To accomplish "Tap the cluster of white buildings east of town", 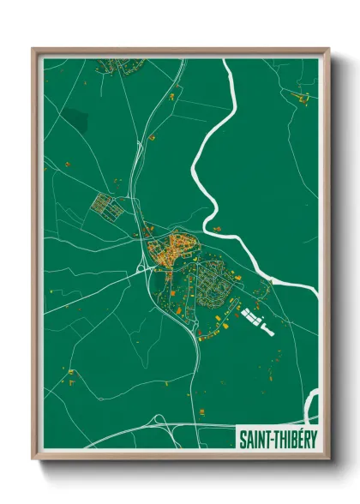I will point(255,320).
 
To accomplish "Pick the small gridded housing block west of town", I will point(109,206).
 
